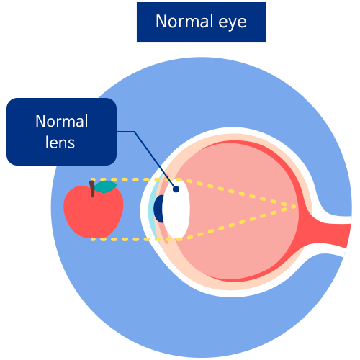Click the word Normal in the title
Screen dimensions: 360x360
point(184,21)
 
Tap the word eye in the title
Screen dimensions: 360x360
point(233,23)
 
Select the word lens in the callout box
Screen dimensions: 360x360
point(60,142)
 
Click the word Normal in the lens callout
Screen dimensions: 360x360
point(62,121)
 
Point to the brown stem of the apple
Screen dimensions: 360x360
point(92,189)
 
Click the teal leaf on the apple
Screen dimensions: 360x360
point(106,187)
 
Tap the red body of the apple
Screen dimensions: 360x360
point(94,214)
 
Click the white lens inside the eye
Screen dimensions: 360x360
point(176,209)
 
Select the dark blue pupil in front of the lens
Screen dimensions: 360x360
point(159,209)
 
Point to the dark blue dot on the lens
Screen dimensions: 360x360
point(176,189)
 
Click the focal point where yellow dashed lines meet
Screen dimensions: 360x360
point(294,207)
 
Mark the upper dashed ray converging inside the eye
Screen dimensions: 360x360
point(236,192)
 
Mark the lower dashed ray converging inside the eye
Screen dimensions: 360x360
point(236,223)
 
